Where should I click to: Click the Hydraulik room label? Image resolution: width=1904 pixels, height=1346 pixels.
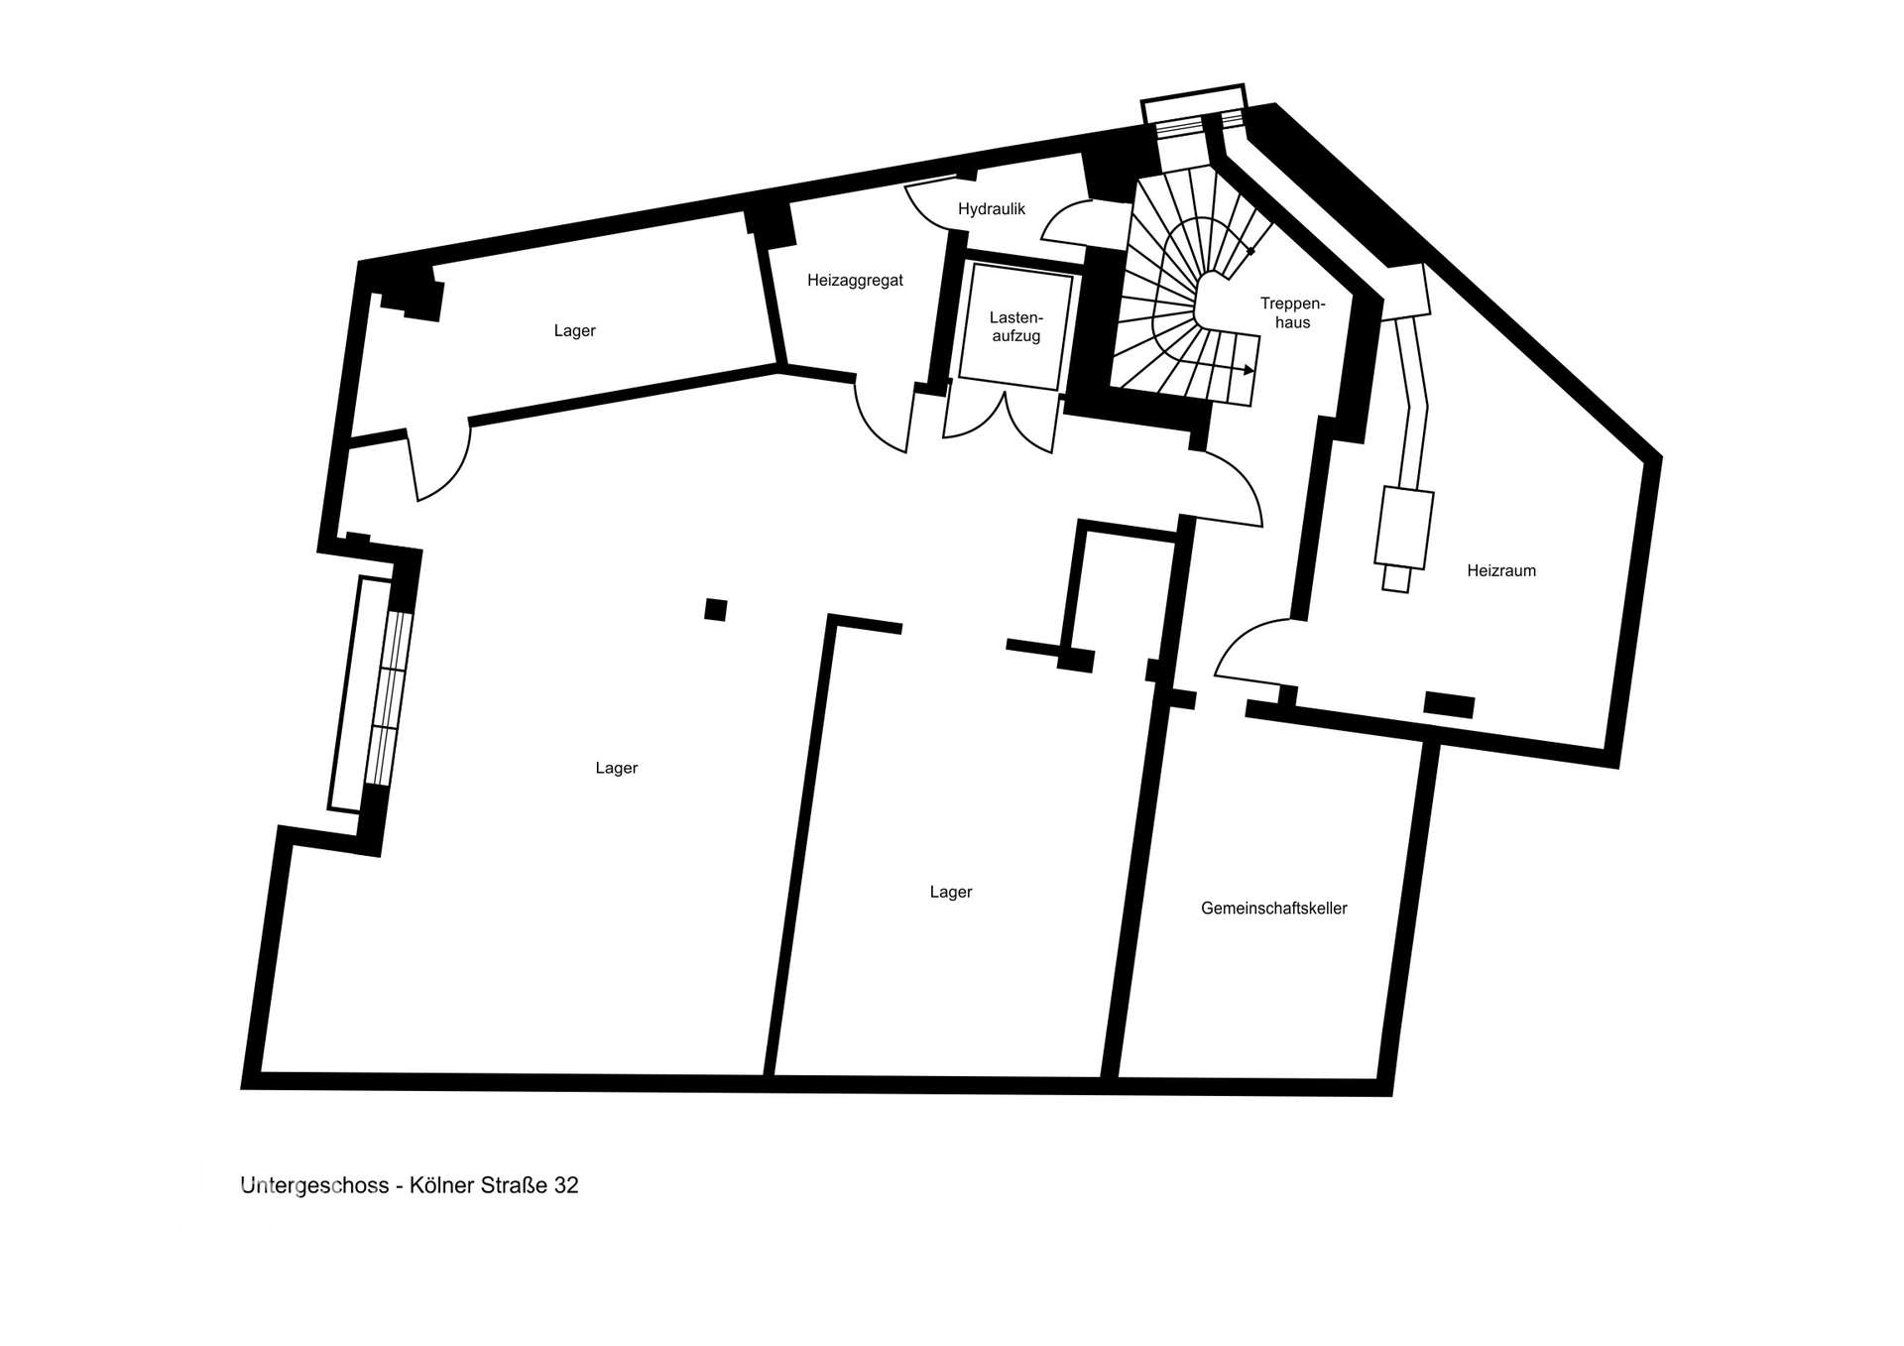pyautogui.click(x=991, y=209)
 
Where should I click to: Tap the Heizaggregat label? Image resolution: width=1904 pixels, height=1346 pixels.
pyautogui.click(x=855, y=281)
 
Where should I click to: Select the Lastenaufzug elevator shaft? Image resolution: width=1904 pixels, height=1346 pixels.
pyautogui.click(x=1015, y=326)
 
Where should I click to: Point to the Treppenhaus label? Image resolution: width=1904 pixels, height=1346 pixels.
pyautogui.click(x=1292, y=312)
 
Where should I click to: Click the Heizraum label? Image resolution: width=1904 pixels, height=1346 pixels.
pyautogui.click(x=1500, y=570)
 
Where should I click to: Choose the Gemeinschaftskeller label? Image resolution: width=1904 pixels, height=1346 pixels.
pyautogui.click(x=1273, y=908)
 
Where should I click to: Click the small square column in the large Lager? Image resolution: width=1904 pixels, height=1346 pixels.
pyautogui.click(x=715, y=609)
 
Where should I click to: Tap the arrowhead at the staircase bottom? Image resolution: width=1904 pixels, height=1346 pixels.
pyautogui.click(x=1249, y=370)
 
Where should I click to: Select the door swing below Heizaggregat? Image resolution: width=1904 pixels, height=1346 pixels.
pyautogui.click(x=881, y=422)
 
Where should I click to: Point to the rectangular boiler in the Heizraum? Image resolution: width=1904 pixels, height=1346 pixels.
pyautogui.click(x=1403, y=528)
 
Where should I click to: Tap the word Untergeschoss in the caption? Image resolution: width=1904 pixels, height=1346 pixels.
pyautogui.click(x=314, y=1185)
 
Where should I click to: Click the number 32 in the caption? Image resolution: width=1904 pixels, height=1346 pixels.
pyautogui.click(x=566, y=1185)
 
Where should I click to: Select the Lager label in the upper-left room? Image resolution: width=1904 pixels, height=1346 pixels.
pyautogui.click(x=574, y=331)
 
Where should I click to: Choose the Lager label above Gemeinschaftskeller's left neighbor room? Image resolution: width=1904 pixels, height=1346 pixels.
pyautogui.click(x=950, y=892)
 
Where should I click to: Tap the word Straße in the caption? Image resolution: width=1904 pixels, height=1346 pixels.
pyautogui.click(x=514, y=1185)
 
